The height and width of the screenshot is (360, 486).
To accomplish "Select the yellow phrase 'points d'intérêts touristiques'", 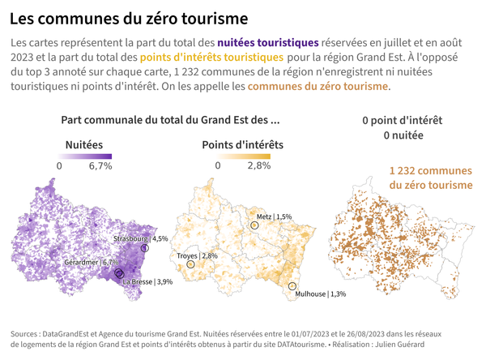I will [x=211, y=57].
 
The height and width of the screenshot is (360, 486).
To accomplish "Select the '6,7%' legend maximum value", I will [x=100, y=165].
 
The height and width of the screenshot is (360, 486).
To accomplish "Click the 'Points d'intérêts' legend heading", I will [x=242, y=144].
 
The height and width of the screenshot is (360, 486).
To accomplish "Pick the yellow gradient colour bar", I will [x=242, y=156].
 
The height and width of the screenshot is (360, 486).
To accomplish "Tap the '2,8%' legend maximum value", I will [x=258, y=165].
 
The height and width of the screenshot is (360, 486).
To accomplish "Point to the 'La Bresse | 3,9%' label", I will [x=147, y=282].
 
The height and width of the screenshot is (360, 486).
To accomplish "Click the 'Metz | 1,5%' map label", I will [x=273, y=217].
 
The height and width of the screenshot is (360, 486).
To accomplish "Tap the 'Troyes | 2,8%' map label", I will [x=197, y=256].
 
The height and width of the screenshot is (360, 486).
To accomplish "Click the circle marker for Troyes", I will [x=191, y=264].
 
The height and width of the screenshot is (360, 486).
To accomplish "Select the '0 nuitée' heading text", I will [x=403, y=135].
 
